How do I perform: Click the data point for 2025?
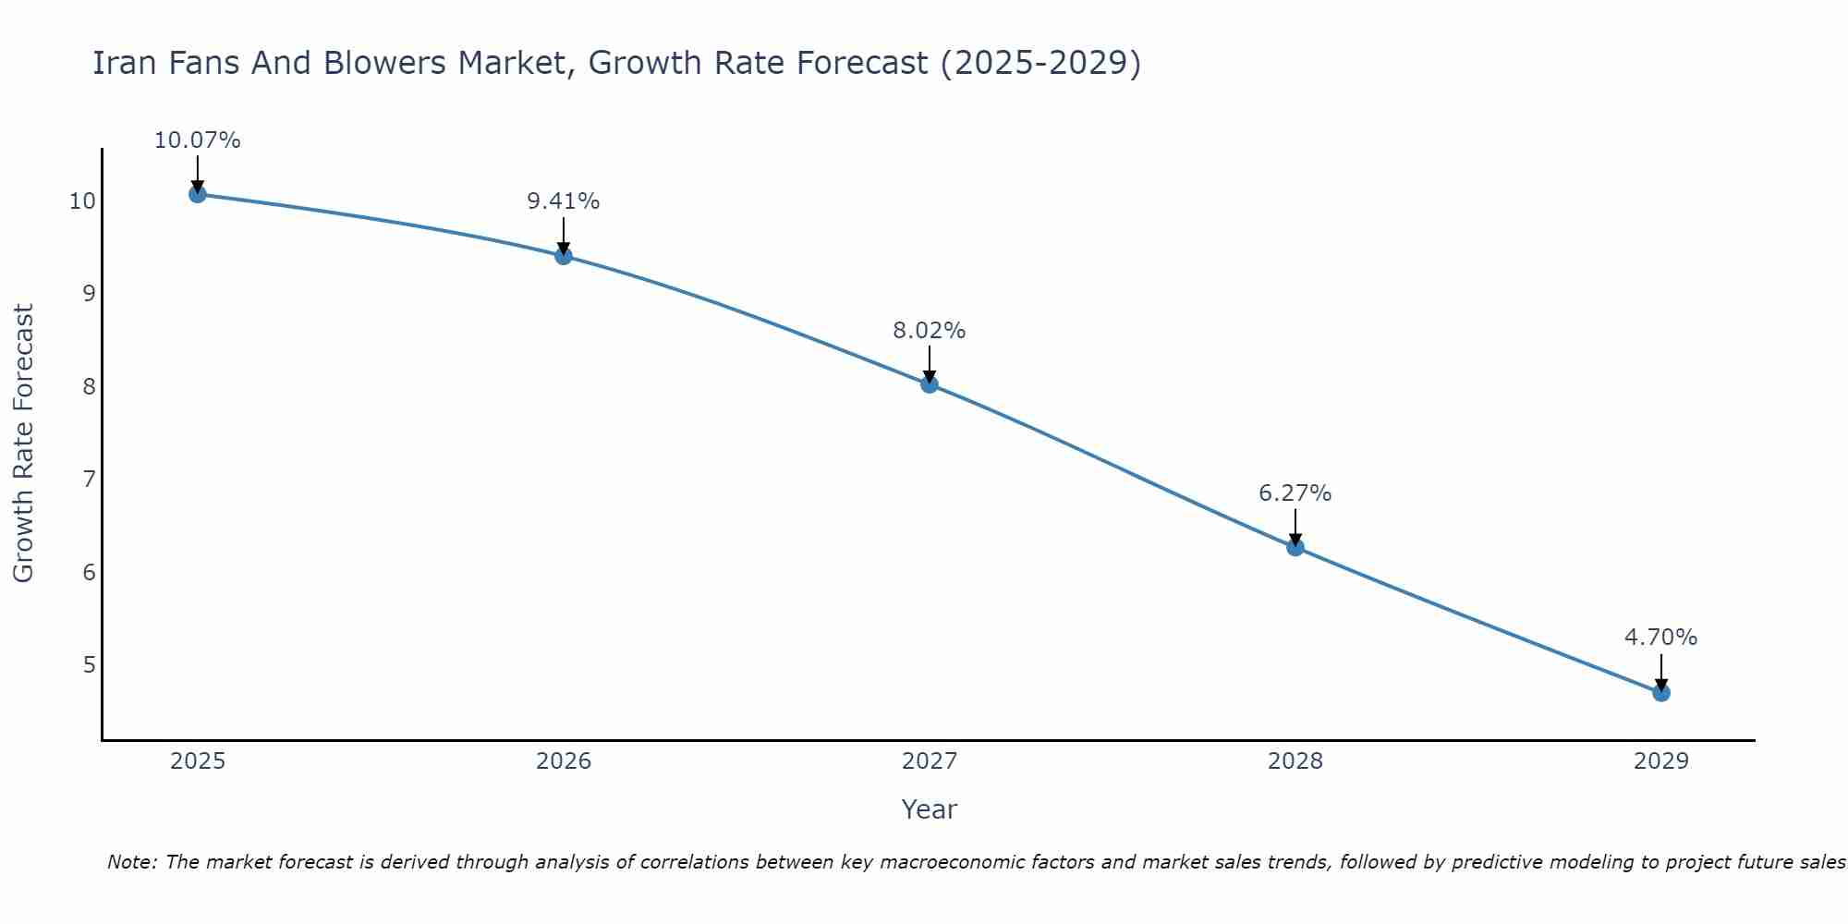(197, 194)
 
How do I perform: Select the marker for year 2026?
(564, 256)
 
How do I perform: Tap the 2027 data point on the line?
(930, 384)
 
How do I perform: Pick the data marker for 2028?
(1295, 547)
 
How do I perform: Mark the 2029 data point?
(1661, 693)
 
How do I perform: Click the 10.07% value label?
(197, 140)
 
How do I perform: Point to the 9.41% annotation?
(564, 201)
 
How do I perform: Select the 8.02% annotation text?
(930, 331)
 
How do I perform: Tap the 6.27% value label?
(1295, 493)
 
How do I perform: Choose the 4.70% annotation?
(1661, 638)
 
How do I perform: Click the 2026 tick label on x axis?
(564, 761)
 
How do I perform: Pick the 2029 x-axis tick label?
(1661, 761)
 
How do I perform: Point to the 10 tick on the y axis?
(82, 201)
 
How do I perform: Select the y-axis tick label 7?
(89, 479)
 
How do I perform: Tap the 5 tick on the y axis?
(89, 664)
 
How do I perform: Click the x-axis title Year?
(930, 809)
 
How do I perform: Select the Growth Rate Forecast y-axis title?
(23, 444)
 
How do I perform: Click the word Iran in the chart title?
(117, 63)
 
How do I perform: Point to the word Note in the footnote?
(132, 862)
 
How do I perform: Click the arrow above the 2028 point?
(1295, 527)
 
